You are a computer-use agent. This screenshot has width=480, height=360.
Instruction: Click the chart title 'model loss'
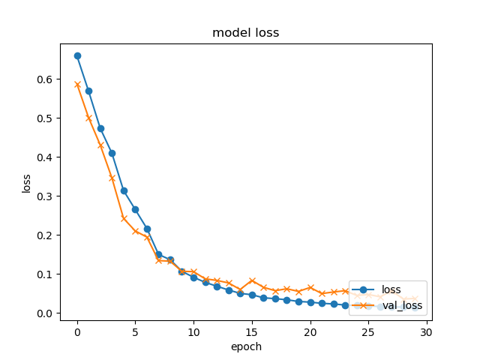(245, 32)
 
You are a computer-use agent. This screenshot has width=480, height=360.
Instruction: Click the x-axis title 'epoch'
(245, 346)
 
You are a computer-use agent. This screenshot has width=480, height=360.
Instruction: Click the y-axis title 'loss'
(27, 183)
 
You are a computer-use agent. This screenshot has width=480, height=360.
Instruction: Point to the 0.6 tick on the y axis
(46, 79)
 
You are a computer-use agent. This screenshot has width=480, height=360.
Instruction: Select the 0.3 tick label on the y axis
(46, 196)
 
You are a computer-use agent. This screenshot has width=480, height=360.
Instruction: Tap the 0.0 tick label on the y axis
(46, 313)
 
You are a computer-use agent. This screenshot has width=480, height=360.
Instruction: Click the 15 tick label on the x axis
(252, 331)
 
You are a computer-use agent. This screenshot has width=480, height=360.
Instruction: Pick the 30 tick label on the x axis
(427, 331)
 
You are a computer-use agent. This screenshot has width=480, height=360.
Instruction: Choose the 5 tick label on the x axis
(135, 331)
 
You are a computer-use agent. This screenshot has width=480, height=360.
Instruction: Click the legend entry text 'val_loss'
(402, 305)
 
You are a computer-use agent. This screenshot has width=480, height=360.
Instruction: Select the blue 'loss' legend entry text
(391, 289)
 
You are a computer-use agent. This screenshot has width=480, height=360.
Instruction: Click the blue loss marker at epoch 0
(77, 55)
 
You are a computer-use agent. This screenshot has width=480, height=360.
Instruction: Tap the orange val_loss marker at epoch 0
(77, 84)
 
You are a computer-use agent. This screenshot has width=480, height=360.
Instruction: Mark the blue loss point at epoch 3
(112, 153)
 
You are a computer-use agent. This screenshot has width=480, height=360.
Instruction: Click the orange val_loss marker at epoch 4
(124, 218)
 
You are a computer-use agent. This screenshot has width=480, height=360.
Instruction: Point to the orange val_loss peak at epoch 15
(252, 280)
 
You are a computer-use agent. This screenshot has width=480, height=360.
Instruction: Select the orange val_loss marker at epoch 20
(310, 287)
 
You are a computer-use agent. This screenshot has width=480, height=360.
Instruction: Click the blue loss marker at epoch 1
(88, 91)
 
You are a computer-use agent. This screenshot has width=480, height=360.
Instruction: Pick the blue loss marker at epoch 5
(135, 209)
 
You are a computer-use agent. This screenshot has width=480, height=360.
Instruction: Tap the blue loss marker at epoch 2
(100, 128)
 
